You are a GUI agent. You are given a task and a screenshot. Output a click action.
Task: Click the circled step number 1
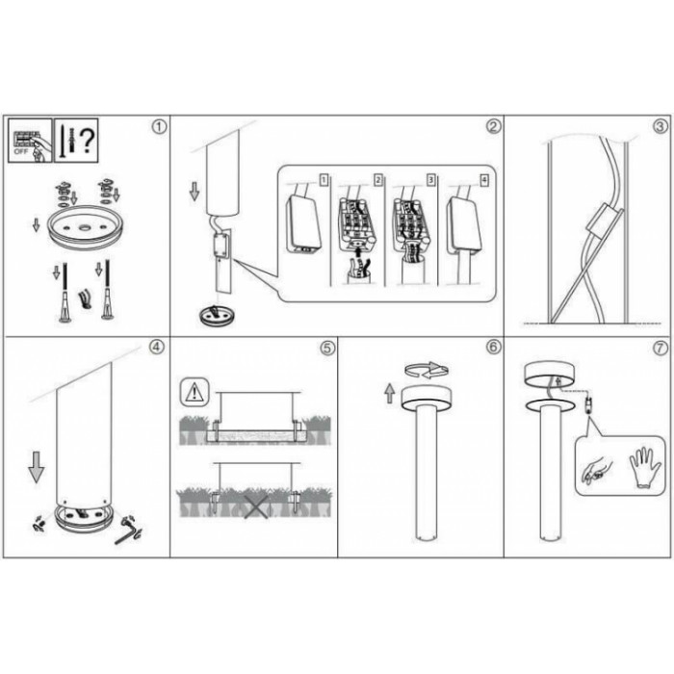(x=159, y=127)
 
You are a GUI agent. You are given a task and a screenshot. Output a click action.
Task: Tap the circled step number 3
(x=661, y=127)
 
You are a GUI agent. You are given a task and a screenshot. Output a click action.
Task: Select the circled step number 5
(x=327, y=348)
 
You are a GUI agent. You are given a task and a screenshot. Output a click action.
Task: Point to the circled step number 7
(x=661, y=348)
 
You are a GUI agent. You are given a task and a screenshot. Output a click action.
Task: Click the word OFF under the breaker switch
(x=21, y=152)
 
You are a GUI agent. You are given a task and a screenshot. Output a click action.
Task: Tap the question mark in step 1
(x=88, y=141)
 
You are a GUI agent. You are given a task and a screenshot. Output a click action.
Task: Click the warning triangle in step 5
(x=194, y=393)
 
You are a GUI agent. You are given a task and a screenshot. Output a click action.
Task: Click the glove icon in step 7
(x=644, y=467)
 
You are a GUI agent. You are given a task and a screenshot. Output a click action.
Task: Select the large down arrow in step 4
(x=37, y=466)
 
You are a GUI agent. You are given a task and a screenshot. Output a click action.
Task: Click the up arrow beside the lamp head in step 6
(x=389, y=393)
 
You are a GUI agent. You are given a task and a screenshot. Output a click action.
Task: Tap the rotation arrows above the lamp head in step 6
(x=427, y=370)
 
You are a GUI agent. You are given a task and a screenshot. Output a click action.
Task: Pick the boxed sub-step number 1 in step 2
(x=324, y=180)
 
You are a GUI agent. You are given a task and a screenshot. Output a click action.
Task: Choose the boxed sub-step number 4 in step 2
(x=484, y=180)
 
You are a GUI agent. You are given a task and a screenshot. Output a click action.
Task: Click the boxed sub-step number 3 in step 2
(x=430, y=180)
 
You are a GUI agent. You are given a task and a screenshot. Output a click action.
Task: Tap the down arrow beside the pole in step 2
(x=194, y=191)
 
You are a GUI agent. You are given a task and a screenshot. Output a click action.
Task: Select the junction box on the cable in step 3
(x=603, y=220)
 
